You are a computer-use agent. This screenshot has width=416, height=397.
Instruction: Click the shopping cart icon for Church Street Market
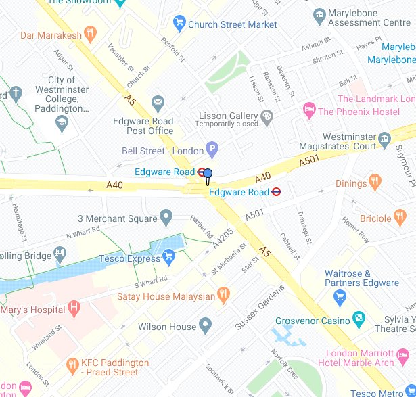pos(179,24)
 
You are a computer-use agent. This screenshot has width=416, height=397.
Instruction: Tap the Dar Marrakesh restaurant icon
pos(91,34)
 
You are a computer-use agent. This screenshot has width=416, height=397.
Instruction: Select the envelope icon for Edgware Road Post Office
pos(158,102)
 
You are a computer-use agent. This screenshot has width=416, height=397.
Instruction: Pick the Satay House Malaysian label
pos(165,296)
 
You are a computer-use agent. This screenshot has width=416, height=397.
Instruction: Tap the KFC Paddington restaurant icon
pos(72,366)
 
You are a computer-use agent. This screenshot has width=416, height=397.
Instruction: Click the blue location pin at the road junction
pos(208,175)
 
